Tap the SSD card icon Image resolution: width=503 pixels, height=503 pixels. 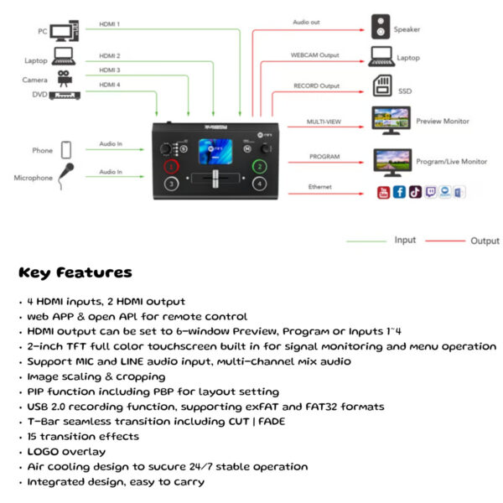pos(381,86)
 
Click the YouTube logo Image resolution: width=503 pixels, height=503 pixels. pos(383,192)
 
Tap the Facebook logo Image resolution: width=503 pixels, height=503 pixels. pos(399,192)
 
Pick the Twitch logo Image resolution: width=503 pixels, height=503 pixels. pos(431,192)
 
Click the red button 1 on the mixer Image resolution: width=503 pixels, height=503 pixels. pos(171,164)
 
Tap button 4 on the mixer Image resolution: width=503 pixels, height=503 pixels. pos(260,183)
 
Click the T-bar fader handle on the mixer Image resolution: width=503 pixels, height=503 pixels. pos(215,179)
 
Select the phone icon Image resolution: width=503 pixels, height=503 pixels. pos(65,149)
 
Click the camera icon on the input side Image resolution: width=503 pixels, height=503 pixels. pos(63,77)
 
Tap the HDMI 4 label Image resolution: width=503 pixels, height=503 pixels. pos(110,85)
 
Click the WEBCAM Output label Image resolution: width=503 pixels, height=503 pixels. pos(315,55)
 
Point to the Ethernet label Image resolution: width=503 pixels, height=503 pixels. pos(319,186)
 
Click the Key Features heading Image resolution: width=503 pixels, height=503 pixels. pos(75,272)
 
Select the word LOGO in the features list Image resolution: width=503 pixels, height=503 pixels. pos(42,451)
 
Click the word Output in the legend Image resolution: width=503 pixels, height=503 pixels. pos(484,241)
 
